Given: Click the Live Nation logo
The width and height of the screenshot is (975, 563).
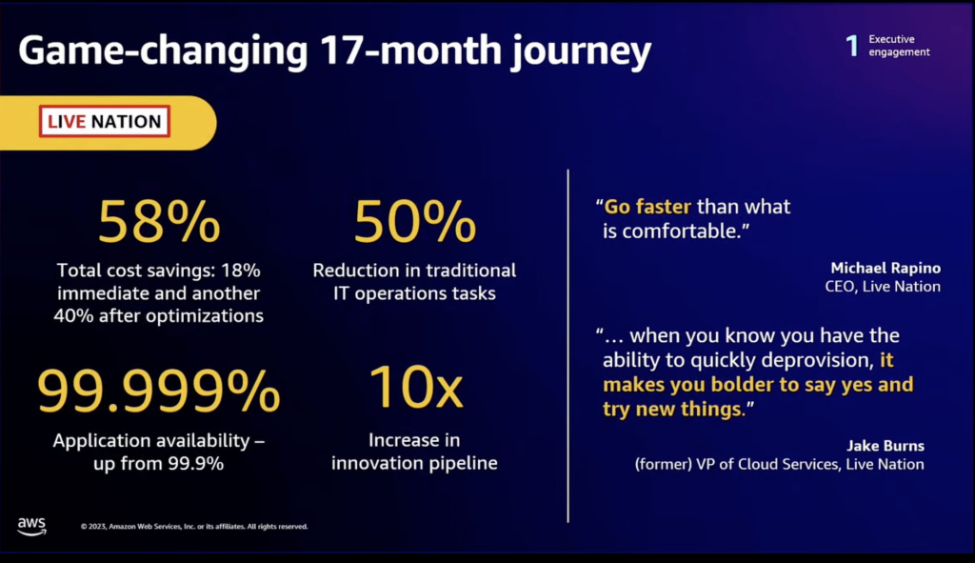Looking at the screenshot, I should click(105, 122).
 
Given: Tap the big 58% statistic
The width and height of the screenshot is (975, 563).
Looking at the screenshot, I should click(159, 222).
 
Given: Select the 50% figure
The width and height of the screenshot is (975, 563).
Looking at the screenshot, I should click(414, 222).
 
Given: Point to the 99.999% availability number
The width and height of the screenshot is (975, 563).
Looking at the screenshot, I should click(159, 392).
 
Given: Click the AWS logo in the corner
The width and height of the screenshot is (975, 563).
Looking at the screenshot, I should click(31, 527).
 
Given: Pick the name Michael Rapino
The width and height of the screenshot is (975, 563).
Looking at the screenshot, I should click(885, 268).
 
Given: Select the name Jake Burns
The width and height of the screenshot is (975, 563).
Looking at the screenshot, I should click(885, 445).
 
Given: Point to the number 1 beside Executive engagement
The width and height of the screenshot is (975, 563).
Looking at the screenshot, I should click(852, 46).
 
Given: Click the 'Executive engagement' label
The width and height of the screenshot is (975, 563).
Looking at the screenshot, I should click(899, 46).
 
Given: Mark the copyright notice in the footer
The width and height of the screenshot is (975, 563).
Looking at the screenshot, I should click(194, 526).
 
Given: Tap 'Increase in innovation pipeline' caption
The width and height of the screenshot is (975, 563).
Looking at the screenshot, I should click(414, 452).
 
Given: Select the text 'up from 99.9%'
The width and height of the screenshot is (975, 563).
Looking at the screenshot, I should click(159, 464).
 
